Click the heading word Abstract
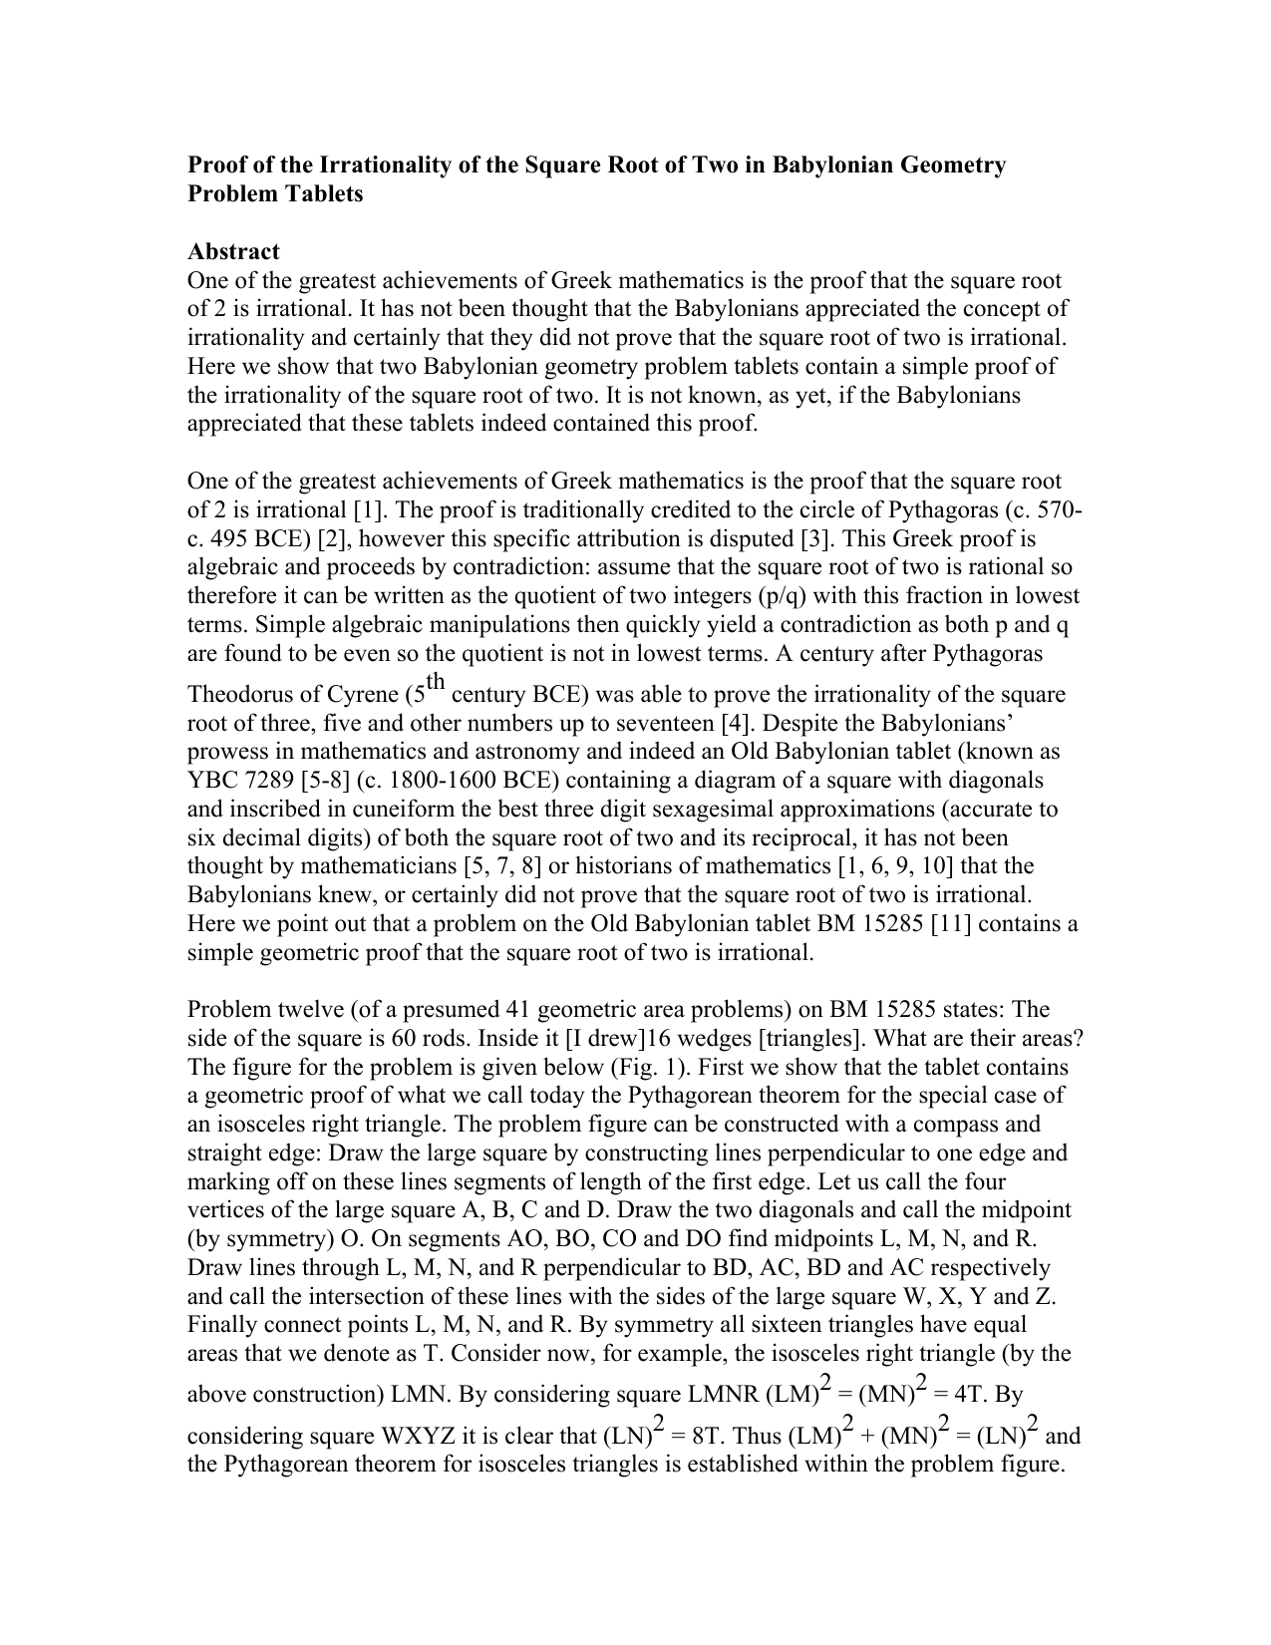coord(233,251)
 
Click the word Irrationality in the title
coord(378,164)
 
